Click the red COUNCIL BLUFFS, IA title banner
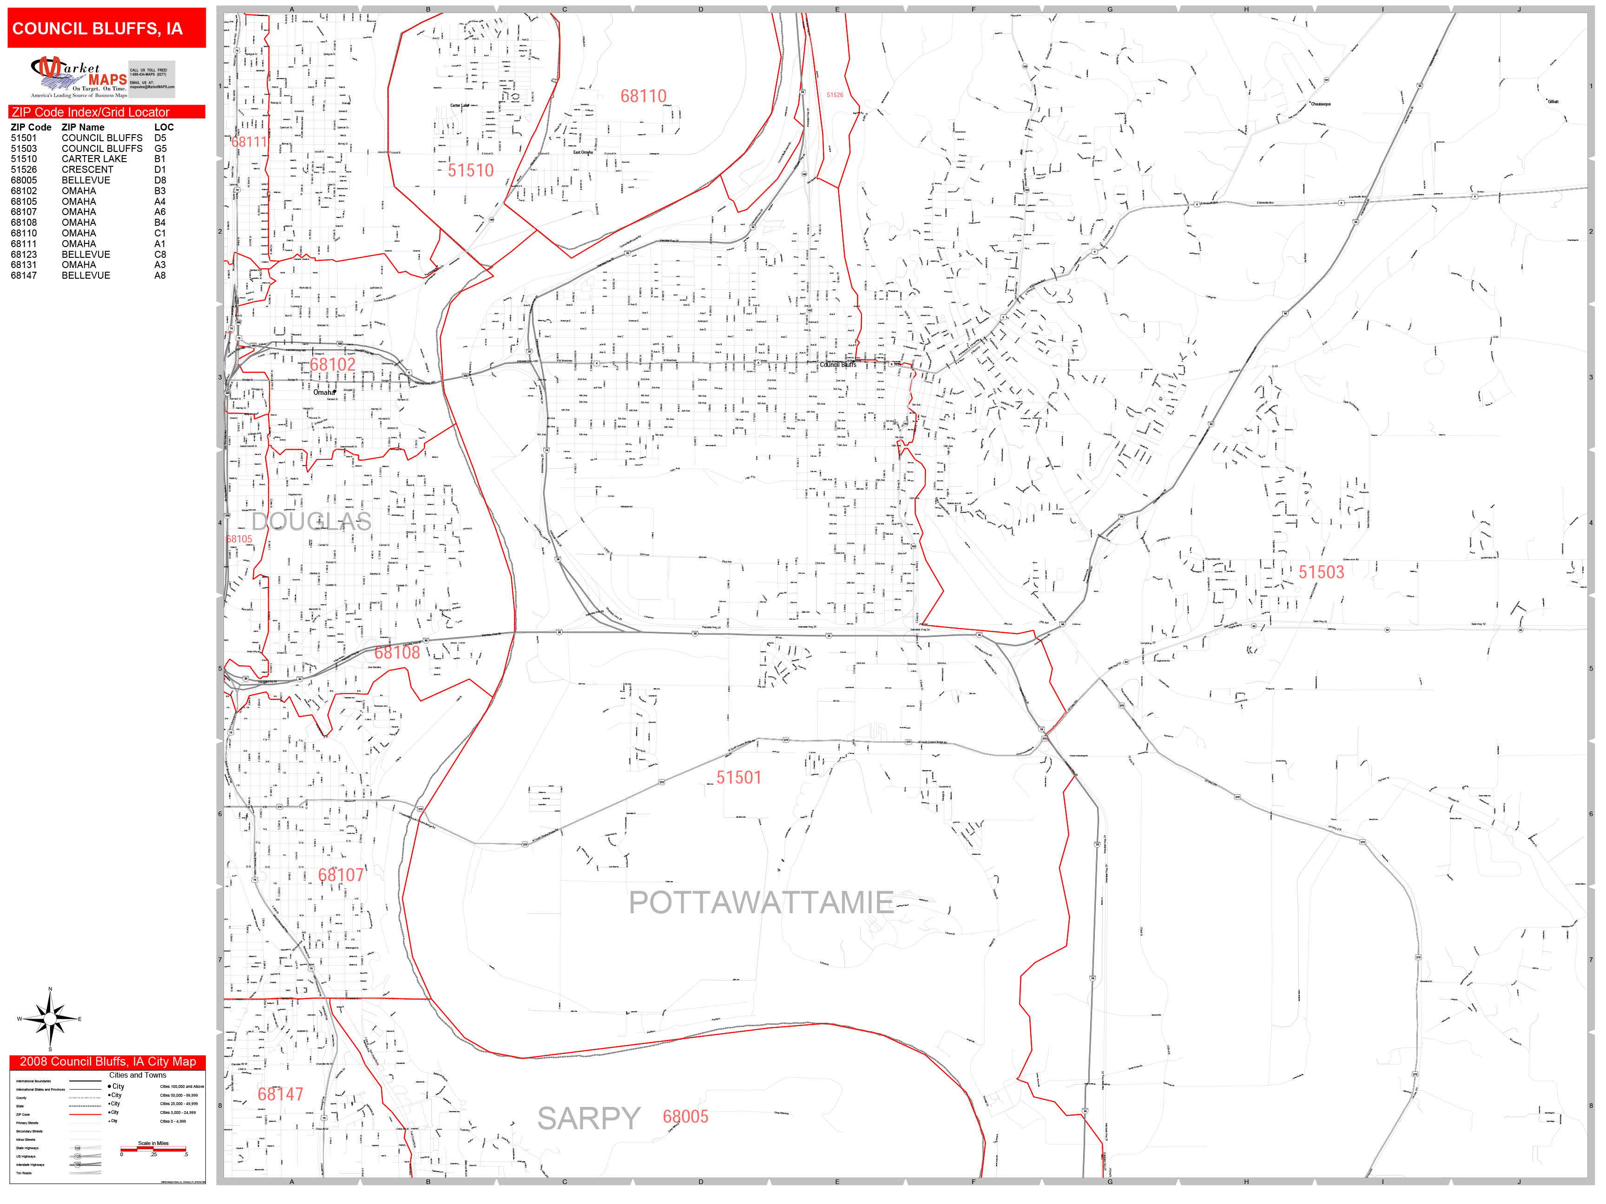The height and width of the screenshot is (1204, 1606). click(107, 28)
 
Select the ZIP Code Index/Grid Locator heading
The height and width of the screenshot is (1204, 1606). click(91, 112)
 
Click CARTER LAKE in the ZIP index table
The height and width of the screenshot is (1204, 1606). click(94, 159)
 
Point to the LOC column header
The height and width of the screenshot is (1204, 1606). click(164, 127)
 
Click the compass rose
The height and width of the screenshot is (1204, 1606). click(49, 1020)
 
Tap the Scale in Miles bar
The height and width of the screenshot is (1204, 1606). click(153, 1149)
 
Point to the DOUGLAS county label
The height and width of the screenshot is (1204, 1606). click(311, 521)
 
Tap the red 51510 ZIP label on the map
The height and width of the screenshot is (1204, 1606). click(470, 170)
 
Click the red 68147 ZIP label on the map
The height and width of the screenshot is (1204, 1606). click(280, 1094)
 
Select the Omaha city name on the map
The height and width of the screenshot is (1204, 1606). click(324, 393)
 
